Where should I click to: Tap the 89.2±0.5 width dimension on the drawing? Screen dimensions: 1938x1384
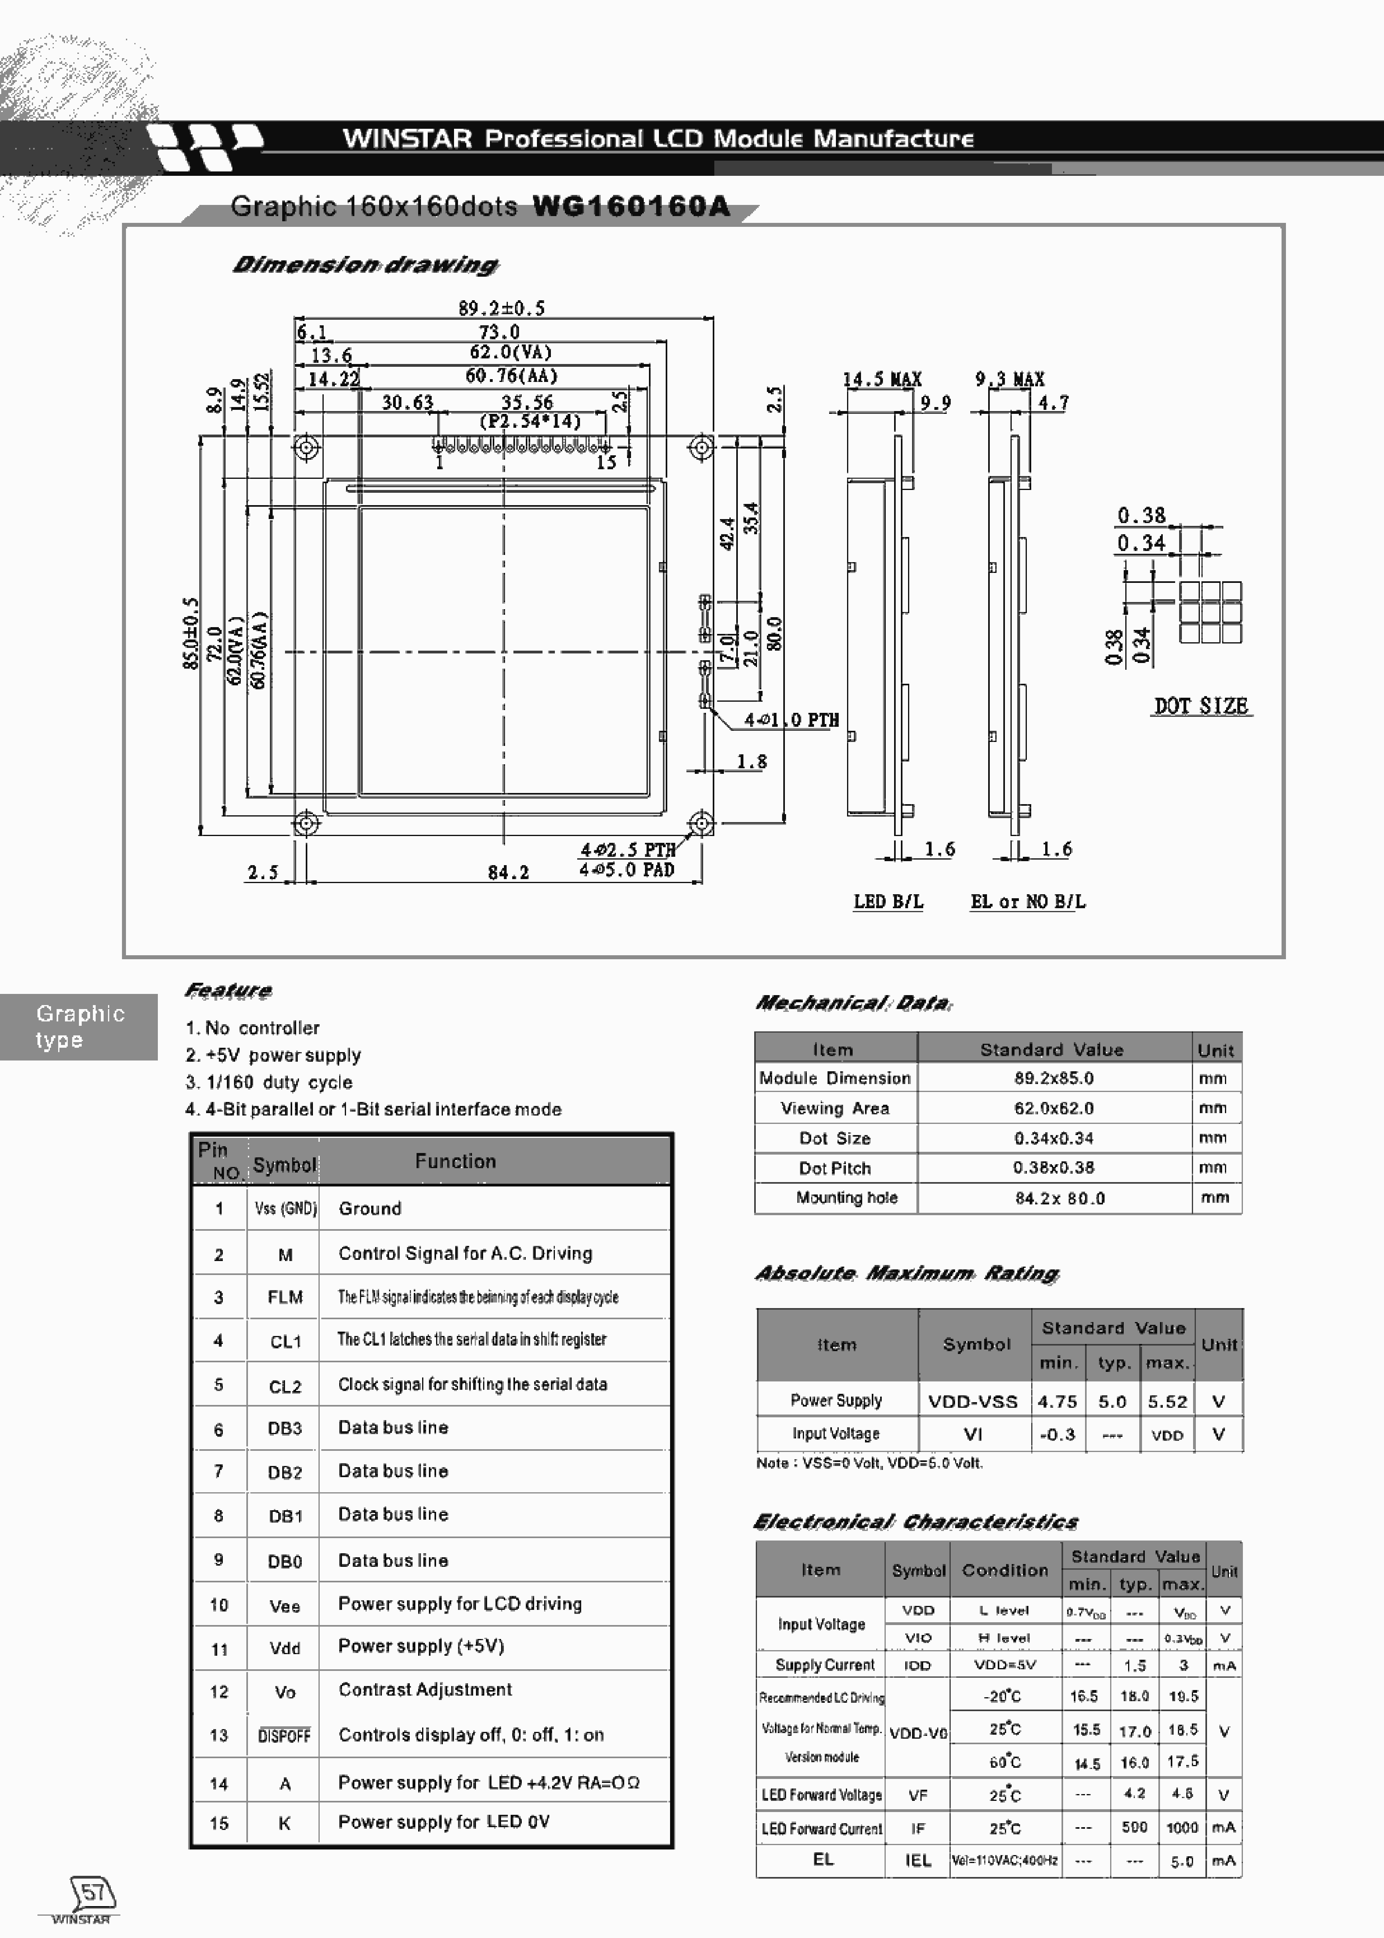501,308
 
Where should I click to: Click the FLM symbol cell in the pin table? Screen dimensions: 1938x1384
285,1297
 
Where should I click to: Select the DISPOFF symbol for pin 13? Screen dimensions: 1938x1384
285,1735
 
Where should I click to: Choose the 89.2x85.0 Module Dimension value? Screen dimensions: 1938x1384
1053,1078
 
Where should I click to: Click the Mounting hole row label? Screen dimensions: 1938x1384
846,1197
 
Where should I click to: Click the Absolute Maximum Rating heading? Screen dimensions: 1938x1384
907,1273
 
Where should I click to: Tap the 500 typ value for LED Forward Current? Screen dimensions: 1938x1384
1134,1827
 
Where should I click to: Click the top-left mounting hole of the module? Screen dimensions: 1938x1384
306,447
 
